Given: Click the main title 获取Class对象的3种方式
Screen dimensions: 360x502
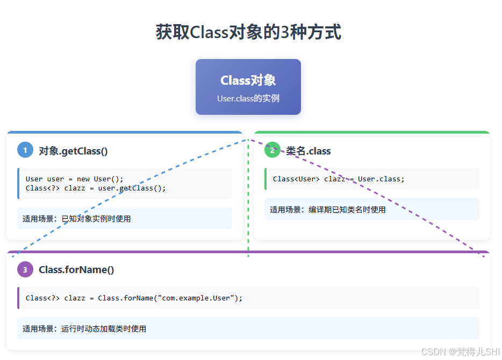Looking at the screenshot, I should pyautogui.click(x=248, y=32).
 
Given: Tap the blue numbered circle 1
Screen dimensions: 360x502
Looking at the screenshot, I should pyautogui.click(x=25, y=150).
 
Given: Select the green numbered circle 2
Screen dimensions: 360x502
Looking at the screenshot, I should pyautogui.click(x=272, y=150).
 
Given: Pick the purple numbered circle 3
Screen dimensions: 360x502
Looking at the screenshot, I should pyautogui.click(x=25, y=269).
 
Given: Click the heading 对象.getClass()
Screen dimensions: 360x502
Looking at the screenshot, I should pyautogui.click(x=73, y=151).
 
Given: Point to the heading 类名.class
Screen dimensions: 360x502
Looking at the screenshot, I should pyautogui.click(x=309, y=151).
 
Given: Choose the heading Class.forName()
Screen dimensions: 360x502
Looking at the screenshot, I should pyautogui.click(x=76, y=270).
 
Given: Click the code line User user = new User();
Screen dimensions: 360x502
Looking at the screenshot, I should pyautogui.click(x=74, y=179).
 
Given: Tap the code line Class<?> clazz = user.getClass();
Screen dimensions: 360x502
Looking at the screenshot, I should pyautogui.click(x=96, y=188).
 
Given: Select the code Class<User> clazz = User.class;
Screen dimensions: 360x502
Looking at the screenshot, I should pyautogui.click(x=339, y=179).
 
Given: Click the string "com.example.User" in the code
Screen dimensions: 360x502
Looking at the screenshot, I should pyautogui.click(x=196, y=298).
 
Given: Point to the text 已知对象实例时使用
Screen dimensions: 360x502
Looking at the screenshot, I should pyautogui.click(x=96, y=219).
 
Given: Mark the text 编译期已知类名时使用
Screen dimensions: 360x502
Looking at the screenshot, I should pyautogui.click(x=347, y=210).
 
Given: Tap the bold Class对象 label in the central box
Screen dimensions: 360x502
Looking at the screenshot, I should pyautogui.click(x=248, y=80).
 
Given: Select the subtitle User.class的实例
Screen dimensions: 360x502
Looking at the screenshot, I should pyautogui.click(x=248, y=99).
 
